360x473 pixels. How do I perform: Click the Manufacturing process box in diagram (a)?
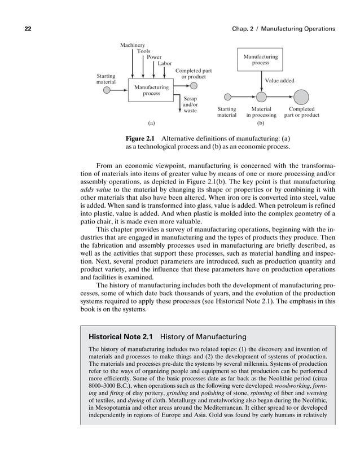click(x=151, y=90)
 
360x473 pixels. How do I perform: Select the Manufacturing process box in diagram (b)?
click(x=260, y=60)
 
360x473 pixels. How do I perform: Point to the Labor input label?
click(x=165, y=64)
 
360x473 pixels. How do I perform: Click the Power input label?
click(x=153, y=58)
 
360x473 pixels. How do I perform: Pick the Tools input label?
click(x=143, y=51)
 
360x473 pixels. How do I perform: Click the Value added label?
click(x=280, y=81)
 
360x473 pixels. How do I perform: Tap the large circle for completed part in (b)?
click(x=301, y=97)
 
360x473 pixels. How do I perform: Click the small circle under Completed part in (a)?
click(x=194, y=86)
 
